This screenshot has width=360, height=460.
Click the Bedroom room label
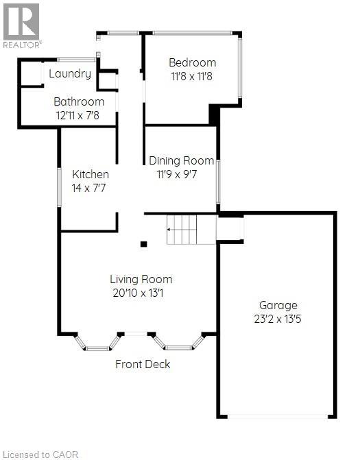point(193,63)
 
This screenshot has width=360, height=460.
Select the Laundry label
point(70,74)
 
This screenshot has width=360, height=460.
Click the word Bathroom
point(79,102)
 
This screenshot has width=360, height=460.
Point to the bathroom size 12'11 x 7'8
point(77,116)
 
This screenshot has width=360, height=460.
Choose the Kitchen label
point(91,174)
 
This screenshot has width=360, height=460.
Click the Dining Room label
point(182,160)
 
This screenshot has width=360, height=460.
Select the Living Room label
point(141,279)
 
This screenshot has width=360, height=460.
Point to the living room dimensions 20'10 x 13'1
point(141,293)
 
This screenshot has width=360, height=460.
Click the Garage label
point(278,305)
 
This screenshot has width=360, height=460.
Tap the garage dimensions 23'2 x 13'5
point(278,319)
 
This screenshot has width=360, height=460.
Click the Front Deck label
point(143,364)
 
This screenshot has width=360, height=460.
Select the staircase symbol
point(182,230)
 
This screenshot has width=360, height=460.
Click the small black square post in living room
point(143,243)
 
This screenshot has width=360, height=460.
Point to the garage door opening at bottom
point(278,416)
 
